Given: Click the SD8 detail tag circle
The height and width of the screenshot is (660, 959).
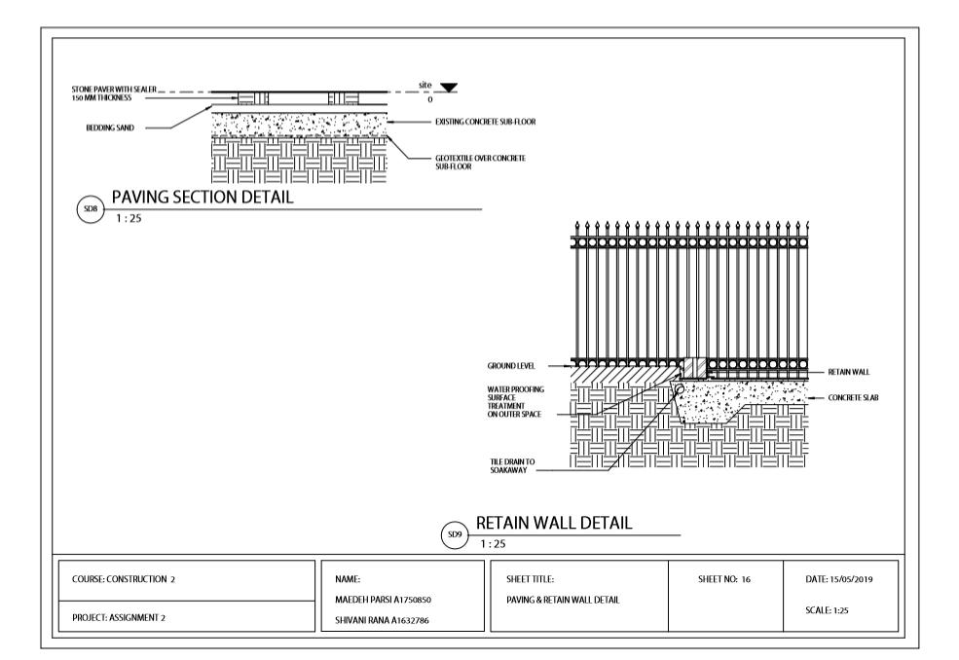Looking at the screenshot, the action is coord(90,208).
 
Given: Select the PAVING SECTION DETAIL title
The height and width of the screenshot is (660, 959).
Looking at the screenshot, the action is coord(203,197).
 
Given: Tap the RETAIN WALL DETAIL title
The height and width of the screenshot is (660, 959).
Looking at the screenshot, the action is coord(554,523).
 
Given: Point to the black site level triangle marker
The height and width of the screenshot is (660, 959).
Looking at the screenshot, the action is coord(448,88).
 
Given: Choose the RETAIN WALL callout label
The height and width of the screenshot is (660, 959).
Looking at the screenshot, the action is coord(848,372).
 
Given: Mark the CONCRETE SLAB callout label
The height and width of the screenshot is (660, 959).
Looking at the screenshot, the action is coord(853,397).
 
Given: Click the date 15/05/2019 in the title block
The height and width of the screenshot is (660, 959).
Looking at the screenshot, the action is coord(839,580).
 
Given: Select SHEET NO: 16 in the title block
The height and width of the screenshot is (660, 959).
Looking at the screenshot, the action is coord(724,580).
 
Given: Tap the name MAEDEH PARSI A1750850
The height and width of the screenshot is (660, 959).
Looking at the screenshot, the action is coord(383,600).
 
